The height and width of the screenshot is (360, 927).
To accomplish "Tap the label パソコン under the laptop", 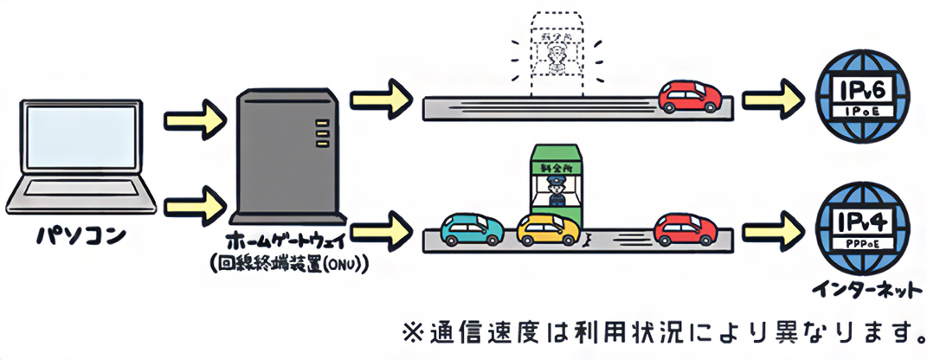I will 79,236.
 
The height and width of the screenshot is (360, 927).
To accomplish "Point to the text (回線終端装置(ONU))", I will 288,263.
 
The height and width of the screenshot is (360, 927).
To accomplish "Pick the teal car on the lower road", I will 473,228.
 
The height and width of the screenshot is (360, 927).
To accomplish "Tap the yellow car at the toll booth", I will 549,228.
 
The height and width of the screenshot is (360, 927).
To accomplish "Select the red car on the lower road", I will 686,228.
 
